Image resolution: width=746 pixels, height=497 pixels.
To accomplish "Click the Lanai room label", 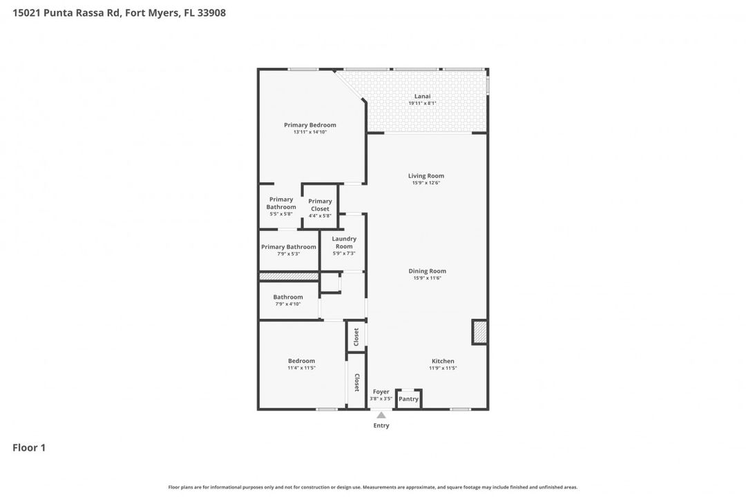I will coord(422,96).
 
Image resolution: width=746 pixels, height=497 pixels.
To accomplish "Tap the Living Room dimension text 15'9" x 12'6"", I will coord(425,183).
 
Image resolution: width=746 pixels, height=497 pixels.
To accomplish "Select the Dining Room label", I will coord(427,271).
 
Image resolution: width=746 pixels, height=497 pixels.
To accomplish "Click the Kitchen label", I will coord(443,361).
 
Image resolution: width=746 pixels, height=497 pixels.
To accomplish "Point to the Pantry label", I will coord(408,399).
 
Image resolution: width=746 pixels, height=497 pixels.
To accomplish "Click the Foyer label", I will coord(381,391).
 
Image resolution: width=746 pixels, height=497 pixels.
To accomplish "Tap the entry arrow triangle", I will coord(381,415).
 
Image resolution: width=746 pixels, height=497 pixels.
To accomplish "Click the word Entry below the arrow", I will coord(381,426).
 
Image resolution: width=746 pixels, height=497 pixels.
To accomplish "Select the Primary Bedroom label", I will coord(309,125).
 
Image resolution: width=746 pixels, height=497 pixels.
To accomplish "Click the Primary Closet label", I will coord(320,205).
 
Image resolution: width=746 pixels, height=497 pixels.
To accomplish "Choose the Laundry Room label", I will coord(343,242).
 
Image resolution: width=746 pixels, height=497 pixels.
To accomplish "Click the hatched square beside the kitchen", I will coord(479,332).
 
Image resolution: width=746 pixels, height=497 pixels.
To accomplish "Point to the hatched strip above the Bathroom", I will coord(288,276).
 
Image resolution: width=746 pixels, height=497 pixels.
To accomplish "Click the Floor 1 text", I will coord(29,448).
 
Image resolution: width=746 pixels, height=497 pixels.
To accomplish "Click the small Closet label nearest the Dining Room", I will coord(356,337).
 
